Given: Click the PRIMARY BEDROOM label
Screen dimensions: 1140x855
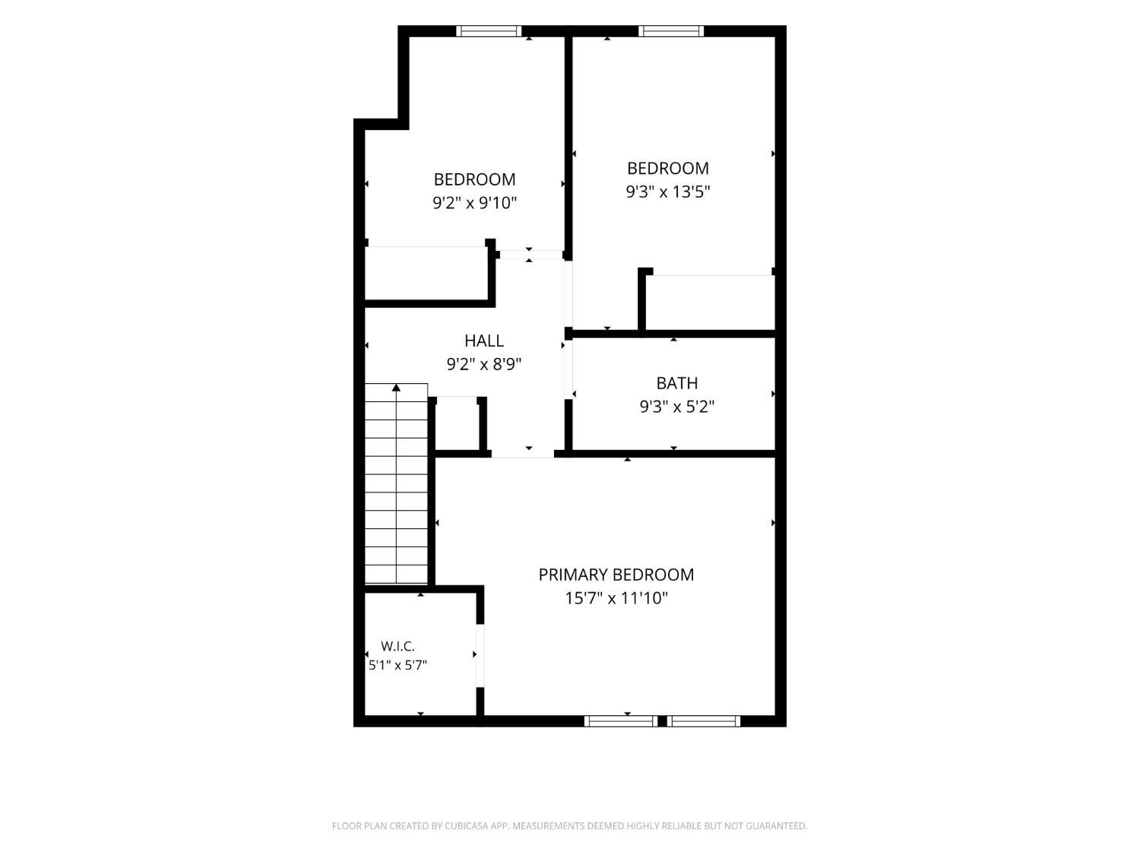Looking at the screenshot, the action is pos(616,575).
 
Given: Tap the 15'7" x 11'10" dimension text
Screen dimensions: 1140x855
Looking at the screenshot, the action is pos(616,598).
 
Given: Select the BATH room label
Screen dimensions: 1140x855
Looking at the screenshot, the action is pos(676,383).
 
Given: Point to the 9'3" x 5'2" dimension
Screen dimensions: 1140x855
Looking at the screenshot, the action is pos(676,407).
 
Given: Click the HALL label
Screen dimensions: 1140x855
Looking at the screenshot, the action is pos(483,340).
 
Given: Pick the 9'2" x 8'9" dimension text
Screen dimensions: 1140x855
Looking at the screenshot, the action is pos(483,364).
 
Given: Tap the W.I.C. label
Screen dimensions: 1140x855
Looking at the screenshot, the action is pos(397,646).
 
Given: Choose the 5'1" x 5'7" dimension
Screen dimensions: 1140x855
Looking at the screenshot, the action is pos(397,665).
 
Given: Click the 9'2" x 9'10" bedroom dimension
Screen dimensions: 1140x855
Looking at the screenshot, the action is pos(475,202).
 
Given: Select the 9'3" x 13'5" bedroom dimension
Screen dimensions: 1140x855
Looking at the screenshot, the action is pos(667,192).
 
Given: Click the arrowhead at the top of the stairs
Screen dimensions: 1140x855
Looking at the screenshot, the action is pos(396,388).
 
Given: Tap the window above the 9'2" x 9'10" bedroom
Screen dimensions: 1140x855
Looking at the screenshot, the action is pos(488,31).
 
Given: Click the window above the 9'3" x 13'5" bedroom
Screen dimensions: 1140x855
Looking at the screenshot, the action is pos(670,31).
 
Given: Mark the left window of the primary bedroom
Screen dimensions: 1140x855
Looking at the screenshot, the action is pos(621,721).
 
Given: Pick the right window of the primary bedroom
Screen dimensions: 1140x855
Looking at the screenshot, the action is pos(703,721).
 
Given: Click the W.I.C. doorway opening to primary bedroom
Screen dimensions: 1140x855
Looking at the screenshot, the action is pos(480,656).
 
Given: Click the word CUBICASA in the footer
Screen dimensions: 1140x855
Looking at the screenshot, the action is pos(464,826).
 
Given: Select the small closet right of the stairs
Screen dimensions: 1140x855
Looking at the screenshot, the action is pos(456,423).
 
